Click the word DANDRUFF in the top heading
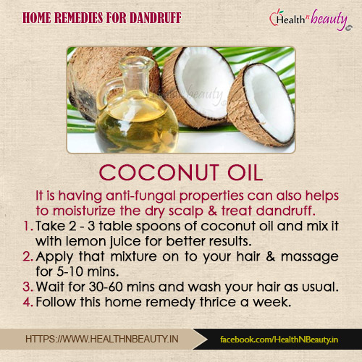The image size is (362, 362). point(156,18)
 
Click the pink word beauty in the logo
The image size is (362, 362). point(329,20)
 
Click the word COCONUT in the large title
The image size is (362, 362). point(159,172)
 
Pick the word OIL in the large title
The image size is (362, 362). point(245,172)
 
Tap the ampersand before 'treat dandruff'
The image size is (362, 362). point(212,211)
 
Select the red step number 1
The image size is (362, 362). point(28,226)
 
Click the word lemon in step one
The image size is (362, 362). point(86,241)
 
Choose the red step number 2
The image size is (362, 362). point(28,256)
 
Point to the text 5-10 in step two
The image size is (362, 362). point(70,271)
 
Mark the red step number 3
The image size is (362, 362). point(28,287)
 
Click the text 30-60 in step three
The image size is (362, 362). point(106,287)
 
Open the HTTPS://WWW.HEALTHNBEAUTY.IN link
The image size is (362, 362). point(102,339)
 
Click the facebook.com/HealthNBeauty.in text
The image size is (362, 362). point(279,340)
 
